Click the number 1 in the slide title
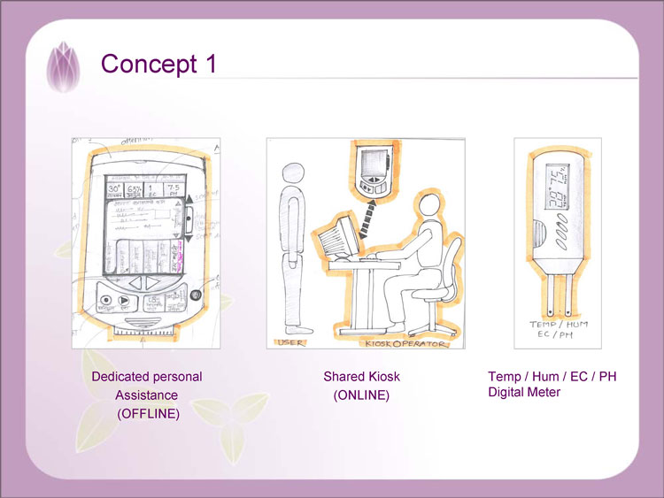209,65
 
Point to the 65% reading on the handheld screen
135,189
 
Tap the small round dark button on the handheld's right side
197,295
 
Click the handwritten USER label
291,341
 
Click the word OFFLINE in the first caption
148,413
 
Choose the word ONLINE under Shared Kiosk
361,395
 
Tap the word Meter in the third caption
542,392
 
